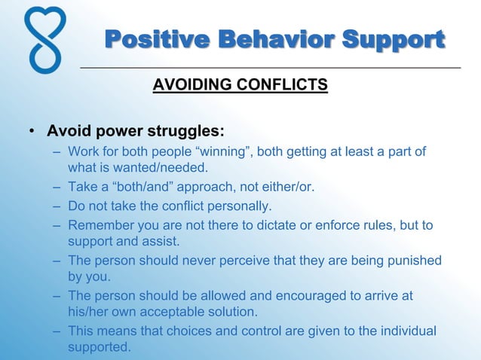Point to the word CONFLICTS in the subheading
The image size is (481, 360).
pos(286,84)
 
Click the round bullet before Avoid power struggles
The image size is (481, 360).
pos(32,132)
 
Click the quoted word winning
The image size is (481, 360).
pos(226,153)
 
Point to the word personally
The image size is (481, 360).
pos(239,206)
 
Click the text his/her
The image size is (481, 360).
pos(87,311)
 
